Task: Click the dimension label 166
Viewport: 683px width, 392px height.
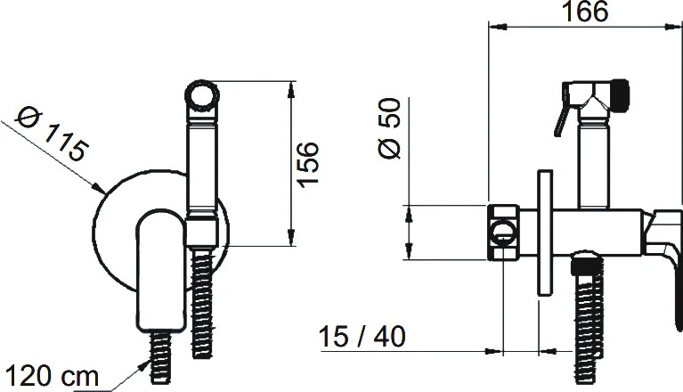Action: tap(585, 12)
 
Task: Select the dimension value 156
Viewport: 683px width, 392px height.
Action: tap(307, 164)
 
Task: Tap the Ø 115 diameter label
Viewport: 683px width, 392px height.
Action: tap(52, 135)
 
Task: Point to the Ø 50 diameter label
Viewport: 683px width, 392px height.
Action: tap(389, 128)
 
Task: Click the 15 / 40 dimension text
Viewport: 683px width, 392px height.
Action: tap(362, 336)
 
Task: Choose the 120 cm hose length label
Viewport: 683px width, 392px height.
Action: tap(52, 376)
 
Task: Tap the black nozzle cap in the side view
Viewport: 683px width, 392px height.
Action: tap(620, 94)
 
